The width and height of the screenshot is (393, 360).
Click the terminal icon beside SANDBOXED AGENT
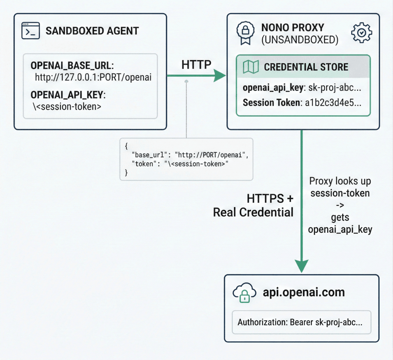click(30, 31)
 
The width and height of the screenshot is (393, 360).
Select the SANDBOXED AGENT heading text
click(92, 31)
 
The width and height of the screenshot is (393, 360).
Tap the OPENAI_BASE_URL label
click(72, 66)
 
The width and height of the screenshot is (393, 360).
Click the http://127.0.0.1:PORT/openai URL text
click(93, 77)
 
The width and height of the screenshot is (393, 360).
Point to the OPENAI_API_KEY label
click(68, 95)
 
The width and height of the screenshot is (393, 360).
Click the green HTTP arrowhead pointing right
click(220, 75)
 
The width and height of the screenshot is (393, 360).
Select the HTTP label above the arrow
click(196, 65)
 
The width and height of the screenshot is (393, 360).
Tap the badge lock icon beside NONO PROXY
click(245, 32)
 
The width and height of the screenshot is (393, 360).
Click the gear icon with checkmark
click(361, 33)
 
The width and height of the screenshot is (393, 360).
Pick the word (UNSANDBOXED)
click(300, 40)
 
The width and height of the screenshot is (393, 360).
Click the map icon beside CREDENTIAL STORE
click(251, 67)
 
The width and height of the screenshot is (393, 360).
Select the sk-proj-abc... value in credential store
click(335, 88)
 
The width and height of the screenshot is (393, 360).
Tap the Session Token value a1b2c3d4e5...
click(333, 103)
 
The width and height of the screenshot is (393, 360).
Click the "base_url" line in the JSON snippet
click(190, 155)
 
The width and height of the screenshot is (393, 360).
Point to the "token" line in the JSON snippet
click(180, 164)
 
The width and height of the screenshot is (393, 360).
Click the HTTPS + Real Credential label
click(254, 205)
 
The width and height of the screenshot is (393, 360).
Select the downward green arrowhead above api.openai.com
click(302, 265)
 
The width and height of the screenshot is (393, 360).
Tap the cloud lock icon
click(244, 293)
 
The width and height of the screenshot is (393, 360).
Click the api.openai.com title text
click(304, 292)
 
